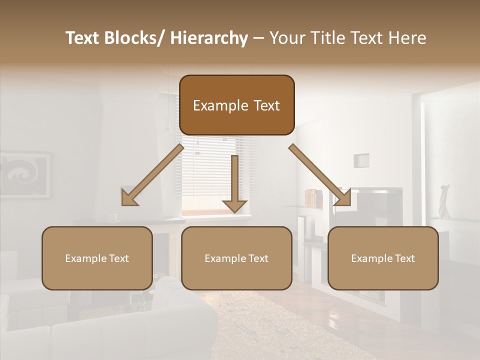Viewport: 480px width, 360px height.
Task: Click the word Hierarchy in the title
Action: point(209,38)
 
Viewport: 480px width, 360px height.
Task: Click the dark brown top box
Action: point(236,105)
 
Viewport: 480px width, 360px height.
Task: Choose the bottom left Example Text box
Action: point(97,258)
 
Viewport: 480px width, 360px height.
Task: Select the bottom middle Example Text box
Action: point(236,258)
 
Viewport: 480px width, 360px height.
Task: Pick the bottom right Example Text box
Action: point(383,258)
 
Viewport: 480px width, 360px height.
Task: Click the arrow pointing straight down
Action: point(234,185)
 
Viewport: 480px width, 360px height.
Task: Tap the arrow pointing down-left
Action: point(150,177)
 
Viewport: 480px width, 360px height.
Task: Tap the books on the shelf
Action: point(313,198)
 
